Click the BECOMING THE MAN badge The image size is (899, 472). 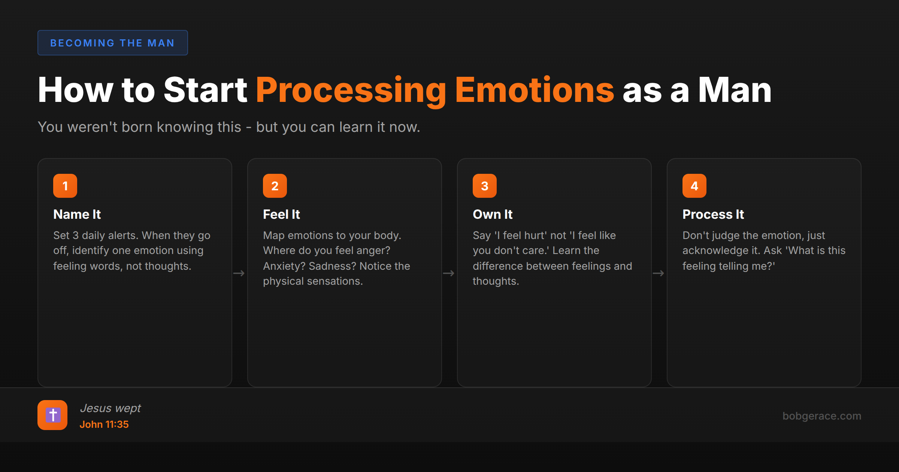(x=112, y=43)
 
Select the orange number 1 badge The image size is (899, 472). (x=65, y=186)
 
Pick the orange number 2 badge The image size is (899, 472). (x=275, y=186)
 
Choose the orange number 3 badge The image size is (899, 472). (x=485, y=186)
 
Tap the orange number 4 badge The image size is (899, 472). (x=694, y=186)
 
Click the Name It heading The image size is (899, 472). (x=77, y=214)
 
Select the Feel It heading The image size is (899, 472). (x=282, y=214)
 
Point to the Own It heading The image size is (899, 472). (x=493, y=214)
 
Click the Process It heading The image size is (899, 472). (x=713, y=214)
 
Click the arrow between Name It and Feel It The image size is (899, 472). (x=239, y=273)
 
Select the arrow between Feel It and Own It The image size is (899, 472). (x=449, y=273)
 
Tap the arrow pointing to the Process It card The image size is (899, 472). (x=659, y=273)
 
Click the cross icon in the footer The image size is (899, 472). (x=52, y=415)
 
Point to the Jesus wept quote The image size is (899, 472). (x=111, y=408)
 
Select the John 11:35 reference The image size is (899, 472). (x=104, y=424)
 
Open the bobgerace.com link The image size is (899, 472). (x=822, y=416)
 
